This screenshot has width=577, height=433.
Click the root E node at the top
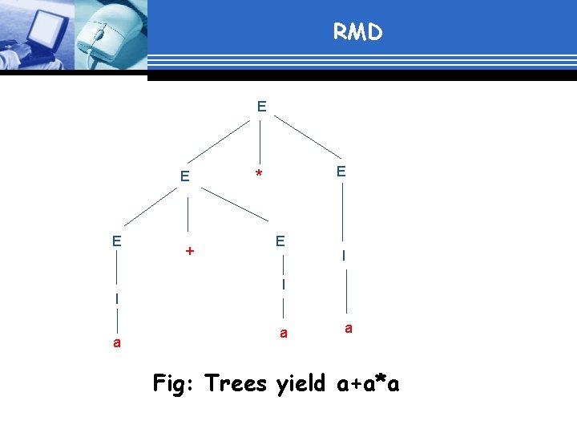click(x=262, y=106)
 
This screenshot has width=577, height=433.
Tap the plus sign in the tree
click(x=189, y=252)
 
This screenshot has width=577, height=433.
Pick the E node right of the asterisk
click(x=341, y=171)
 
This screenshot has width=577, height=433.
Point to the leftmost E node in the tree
click(x=117, y=241)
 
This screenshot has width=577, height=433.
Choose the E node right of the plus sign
click(x=280, y=241)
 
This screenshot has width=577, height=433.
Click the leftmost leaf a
click(x=117, y=342)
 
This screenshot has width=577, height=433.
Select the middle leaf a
click(x=283, y=333)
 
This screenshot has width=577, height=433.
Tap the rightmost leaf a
click(x=347, y=328)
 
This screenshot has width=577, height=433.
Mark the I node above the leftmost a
click(x=117, y=298)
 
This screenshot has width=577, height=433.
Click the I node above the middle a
click(x=283, y=284)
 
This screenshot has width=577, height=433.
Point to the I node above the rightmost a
click(x=343, y=256)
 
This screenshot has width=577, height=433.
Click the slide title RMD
click(x=358, y=32)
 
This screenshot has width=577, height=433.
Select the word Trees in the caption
click(x=236, y=384)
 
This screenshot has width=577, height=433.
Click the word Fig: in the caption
click(x=175, y=384)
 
